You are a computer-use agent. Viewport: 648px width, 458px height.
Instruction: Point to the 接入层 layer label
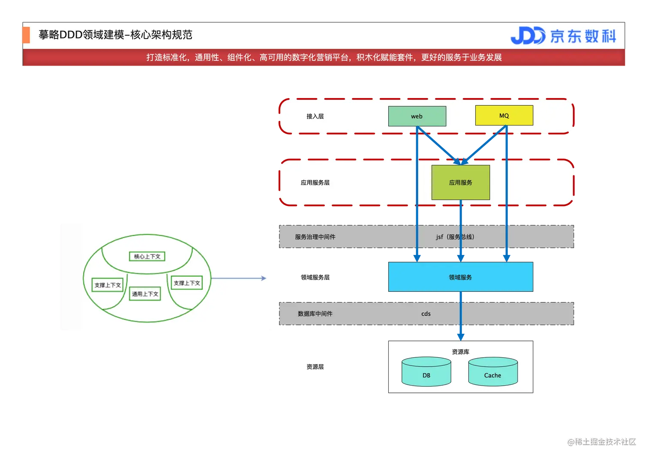click(x=315, y=116)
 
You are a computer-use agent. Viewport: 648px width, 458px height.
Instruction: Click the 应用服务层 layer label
click(x=315, y=183)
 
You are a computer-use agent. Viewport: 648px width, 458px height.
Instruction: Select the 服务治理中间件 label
click(x=315, y=236)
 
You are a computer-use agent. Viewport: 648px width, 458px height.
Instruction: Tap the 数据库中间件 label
click(x=315, y=314)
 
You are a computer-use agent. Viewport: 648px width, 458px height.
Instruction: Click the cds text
click(x=426, y=314)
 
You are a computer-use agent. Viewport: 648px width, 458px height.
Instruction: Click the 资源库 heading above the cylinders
click(x=460, y=352)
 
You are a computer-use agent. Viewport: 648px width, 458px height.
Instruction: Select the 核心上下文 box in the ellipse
click(x=147, y=256)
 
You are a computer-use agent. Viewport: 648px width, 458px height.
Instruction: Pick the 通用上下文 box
click(x=145, y=294)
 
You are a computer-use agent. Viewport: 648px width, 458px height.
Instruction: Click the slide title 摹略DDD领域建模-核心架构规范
click(x=115, y=35)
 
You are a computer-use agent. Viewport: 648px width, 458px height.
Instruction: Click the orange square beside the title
click(x=25, y=35)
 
